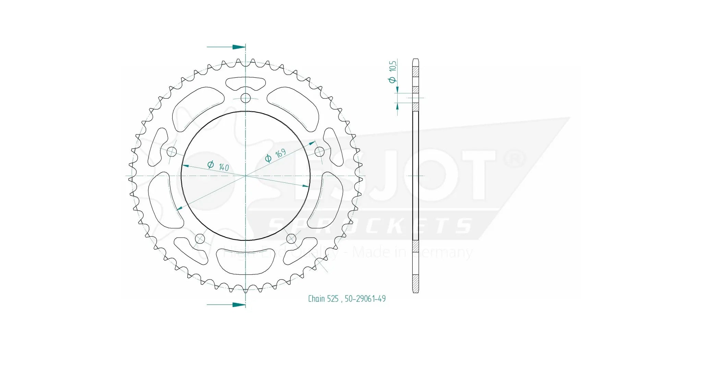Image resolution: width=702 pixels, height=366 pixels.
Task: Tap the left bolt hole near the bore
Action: point(172,152)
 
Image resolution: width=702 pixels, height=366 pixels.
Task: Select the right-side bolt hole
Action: point(319,151)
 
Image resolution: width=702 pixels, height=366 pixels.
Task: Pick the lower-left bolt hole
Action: point(200,238)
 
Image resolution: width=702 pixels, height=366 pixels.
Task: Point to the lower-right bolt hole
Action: point(291,238)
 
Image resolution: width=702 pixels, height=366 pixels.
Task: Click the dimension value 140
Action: point(223,167)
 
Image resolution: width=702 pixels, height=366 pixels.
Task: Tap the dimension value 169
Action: point(280,153)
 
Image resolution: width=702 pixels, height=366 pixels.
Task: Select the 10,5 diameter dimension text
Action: point(393,66)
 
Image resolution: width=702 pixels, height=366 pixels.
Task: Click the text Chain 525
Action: point(323,299)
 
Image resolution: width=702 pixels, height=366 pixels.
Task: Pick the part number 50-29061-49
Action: point(365,299)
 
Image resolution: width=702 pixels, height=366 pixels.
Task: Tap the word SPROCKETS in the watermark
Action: point(370,227)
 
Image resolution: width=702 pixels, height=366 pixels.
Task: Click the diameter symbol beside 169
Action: point(268,158)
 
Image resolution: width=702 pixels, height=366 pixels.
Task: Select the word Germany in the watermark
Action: point(442,253)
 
